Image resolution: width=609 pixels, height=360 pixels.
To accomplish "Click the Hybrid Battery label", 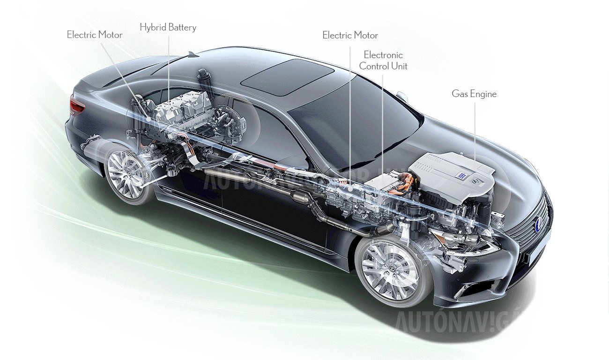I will click(x=168, y=27).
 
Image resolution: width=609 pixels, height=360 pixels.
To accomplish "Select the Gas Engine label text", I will click(x=474, y=94).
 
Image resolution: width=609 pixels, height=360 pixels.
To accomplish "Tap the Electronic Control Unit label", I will click(x=383, y=60).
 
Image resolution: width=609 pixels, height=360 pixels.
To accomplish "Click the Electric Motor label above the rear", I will click(x=95, y=35).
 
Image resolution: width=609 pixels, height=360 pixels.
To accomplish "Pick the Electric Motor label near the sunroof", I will click(x=350, y=35).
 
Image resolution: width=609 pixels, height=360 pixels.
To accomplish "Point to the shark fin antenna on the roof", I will click(x=192, y=54).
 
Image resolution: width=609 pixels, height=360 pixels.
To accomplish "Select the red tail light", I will click(x=77, y=105).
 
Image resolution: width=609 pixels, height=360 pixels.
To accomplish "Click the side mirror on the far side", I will click(x=401, y=97).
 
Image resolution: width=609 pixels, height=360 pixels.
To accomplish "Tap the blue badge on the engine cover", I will click(x=461, y=175).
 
